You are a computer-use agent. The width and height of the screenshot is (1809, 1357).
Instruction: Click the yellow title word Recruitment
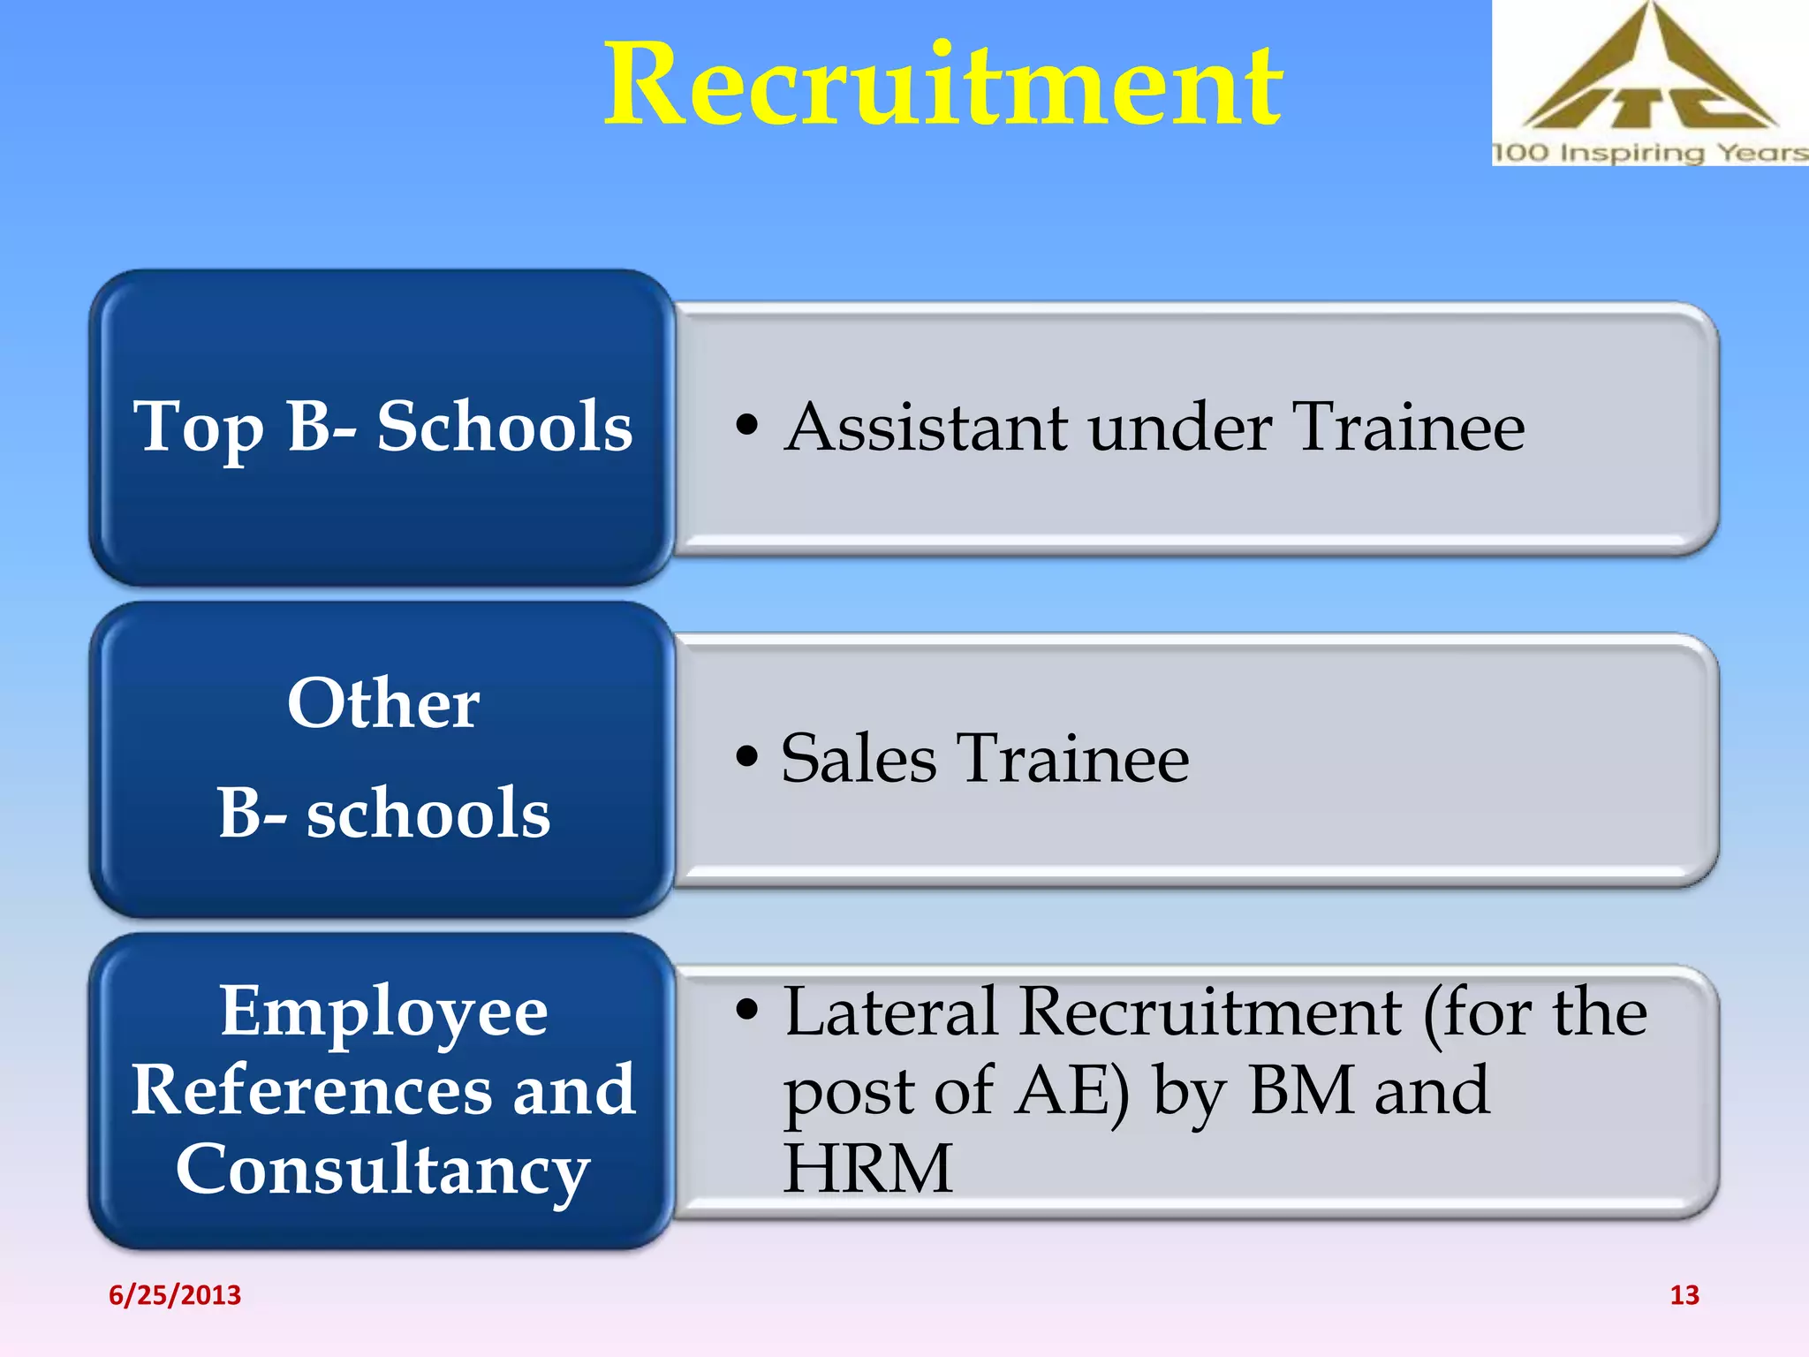[942, 86]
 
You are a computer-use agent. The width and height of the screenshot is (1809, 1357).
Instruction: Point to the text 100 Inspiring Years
[1649, 153]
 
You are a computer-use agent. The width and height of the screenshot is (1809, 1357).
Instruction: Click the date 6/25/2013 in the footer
[175, 1295]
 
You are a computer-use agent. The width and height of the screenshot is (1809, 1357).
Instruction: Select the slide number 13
[1684, 1295]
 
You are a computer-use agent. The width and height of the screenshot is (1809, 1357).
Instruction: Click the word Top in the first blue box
[198, 428]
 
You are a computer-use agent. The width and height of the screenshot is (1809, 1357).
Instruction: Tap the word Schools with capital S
[504, 427]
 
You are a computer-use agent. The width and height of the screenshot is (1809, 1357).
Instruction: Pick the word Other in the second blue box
[383, 703]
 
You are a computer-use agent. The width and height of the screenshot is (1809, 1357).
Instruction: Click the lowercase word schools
[428, 813]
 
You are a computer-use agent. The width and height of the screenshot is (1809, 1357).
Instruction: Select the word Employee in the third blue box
[383, 1012]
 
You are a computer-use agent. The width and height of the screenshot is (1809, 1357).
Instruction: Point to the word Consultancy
[383, 1170]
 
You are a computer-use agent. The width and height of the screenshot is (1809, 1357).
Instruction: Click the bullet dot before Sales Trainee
[747, 757]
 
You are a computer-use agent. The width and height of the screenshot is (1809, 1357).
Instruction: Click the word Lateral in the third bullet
[890, 1012]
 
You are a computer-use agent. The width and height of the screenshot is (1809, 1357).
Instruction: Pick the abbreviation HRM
[867, 1168]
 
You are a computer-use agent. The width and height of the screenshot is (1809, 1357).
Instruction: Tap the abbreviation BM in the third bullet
[1303, 1090]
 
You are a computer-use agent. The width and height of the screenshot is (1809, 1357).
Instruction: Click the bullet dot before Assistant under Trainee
[747, 425]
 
